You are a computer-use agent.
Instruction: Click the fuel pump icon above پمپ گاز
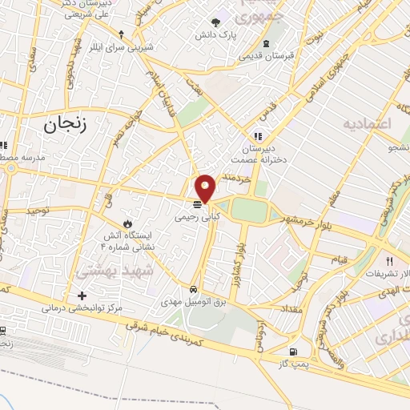[x=295, y=351]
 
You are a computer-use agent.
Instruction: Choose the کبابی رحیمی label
[x=197, y=216]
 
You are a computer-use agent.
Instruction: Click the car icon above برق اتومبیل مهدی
[x=194, y=287]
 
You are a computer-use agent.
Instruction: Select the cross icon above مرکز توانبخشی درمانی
[x=82, y=295]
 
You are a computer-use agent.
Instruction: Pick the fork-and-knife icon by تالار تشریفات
[x=390, y=261]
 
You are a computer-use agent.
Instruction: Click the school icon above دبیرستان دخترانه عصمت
[x=258, y=135]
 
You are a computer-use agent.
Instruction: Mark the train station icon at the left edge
[x=3, y=331]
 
